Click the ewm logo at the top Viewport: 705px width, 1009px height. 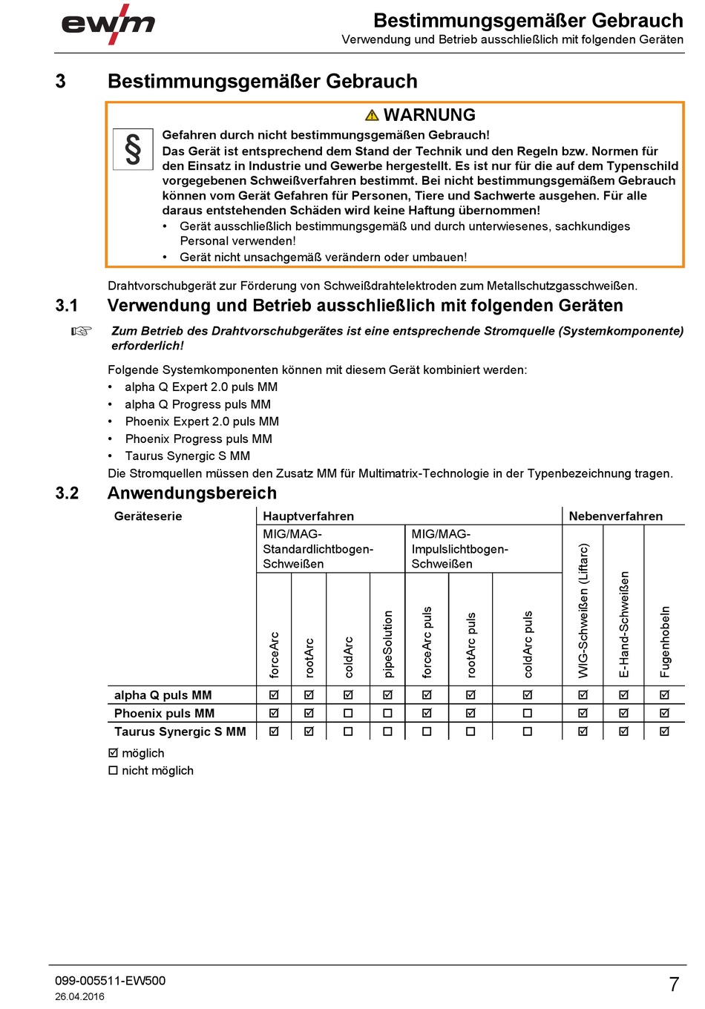[x=108, y=25]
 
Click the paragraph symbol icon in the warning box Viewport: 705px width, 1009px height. [x=133, y=149]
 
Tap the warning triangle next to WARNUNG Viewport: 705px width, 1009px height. [x=373, y=115]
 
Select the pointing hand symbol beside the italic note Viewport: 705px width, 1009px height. [x=81, y=331]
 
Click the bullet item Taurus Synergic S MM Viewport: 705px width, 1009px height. [x=187, y=456]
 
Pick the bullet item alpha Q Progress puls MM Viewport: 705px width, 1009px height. [x=197, y=404]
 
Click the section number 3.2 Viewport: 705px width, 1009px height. [x=67, y=493]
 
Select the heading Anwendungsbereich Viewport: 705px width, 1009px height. [x=192, y=493]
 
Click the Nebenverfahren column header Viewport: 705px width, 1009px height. [x=615, y=516]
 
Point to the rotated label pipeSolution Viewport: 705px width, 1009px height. [x=388, y=643]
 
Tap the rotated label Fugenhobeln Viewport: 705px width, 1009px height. [x=665, y=642]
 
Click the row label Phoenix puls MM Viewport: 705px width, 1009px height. [x=164, y=714]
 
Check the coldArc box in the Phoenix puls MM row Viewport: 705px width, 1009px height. [x=348, y=713]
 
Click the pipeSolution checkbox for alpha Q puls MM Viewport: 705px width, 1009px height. [x=387, y=695]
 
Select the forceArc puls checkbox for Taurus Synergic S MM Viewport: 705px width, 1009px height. [x=427, y=732]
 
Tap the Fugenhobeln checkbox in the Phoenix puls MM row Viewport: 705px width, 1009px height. [x=665, y=713]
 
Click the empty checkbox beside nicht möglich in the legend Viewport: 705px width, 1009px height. [x=114, y=771]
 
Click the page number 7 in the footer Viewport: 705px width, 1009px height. [x=674, y=985]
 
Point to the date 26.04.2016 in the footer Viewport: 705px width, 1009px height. [x=79, y=996]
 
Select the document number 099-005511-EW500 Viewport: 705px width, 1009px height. [x=110, y=981]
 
